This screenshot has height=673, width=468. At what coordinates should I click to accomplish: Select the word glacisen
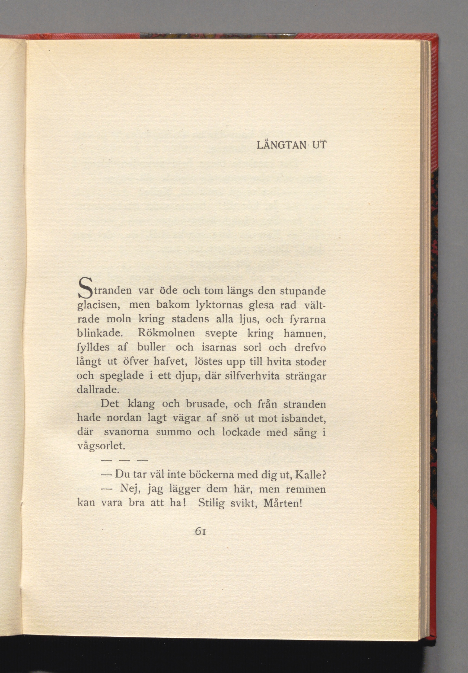97,306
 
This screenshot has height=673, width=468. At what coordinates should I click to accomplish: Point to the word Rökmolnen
166,333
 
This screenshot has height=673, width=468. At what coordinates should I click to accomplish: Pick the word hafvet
171,362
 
